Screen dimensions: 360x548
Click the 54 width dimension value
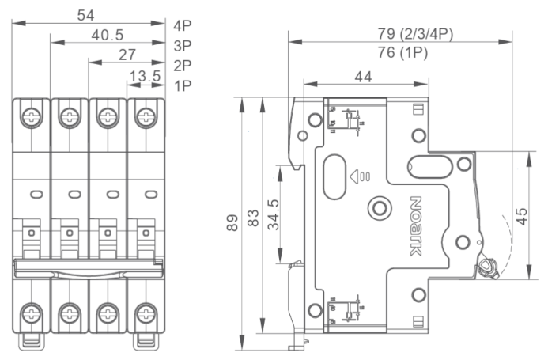tap(89, 14)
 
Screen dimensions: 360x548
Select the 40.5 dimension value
tap(108, 35)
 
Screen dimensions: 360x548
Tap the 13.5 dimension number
tap(146, 76)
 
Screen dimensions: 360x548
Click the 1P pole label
tap(183, 85)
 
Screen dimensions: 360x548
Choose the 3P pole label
tap(183, 45)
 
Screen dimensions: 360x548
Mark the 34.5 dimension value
tap(274, 214)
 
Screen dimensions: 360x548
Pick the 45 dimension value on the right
tap(522, 215)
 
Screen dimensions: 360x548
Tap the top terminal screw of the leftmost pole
tap(32, 116)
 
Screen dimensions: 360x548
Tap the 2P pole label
tap(183, 65)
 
